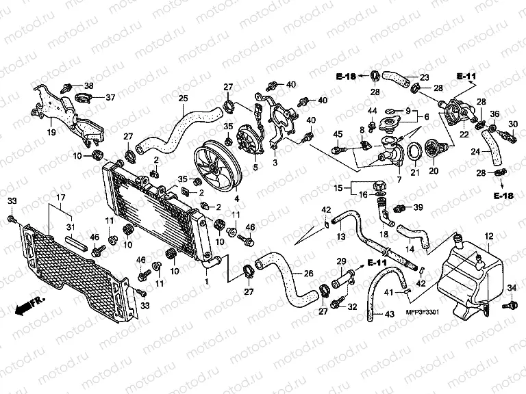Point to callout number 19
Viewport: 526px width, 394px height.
coord(51,132)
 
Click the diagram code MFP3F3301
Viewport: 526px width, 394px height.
coord(423,312)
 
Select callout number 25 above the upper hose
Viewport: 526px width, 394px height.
coord(183,98)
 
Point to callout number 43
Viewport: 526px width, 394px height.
coord(389,315)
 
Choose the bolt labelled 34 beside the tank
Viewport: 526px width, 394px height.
coord(510,305)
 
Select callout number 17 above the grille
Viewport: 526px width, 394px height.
coord(61,198)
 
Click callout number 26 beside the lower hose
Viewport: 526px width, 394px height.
coord(308,274)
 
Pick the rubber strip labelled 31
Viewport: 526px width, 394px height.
coord(77,243)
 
